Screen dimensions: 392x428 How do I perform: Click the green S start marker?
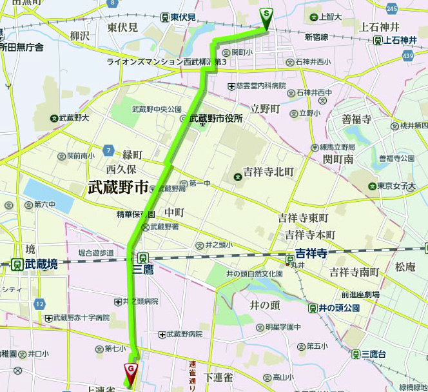tap(266, 14)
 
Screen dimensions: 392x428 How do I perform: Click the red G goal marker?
tap(131, 370)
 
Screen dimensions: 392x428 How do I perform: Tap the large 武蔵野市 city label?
tap(119, 188)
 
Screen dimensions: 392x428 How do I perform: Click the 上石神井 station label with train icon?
tap(395, 40)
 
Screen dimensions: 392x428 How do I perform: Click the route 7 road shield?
tap(110, 150)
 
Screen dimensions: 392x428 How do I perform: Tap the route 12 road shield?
tap(41, 303)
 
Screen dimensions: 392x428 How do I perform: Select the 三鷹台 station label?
tap(369, 354)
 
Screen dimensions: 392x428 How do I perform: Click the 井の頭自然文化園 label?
tap(255, 274)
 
